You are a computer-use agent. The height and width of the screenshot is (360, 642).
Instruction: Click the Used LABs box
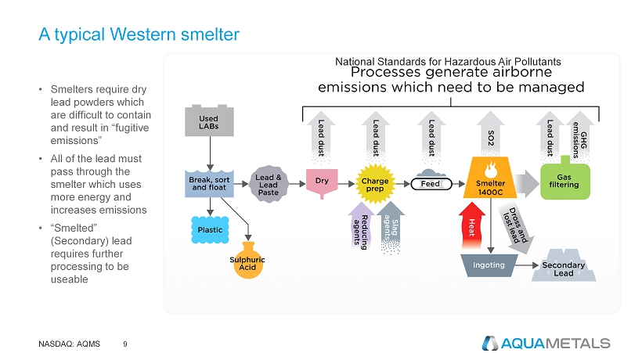(208, 123)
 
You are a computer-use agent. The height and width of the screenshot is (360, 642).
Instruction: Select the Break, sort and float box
(208, 182)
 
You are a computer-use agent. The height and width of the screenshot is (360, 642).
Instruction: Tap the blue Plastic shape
(209, 229)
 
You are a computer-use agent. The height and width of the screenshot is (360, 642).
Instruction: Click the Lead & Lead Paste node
(269, 182)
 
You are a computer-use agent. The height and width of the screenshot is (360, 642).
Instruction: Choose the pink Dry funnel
(321, 182)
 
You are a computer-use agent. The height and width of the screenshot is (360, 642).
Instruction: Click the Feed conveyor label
(430, 184)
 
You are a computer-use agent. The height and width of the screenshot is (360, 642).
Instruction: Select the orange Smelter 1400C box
(491, 181)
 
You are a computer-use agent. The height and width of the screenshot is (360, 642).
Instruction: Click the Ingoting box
(488, 265)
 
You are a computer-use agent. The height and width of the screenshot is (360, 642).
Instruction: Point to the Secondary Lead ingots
(563, 266)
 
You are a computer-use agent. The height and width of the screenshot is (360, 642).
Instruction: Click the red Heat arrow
(473, 226)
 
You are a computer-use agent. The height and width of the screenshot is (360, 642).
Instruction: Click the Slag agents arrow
(391, 227)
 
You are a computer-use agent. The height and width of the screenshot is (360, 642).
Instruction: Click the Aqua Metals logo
(546, 343)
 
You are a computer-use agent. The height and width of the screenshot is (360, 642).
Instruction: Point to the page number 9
(126, 343)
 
